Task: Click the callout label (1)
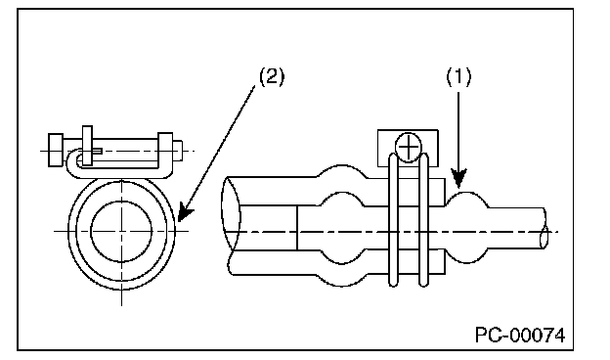click(458, 76)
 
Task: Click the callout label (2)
click(272, 76)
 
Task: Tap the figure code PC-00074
click(520, 336)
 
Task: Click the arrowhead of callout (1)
click(459, 178)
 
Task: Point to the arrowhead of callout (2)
click(185, 213)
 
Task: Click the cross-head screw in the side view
click(408, 147)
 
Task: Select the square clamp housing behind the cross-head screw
click(408, 148)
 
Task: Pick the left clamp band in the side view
click(394, 220)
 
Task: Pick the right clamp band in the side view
click(423, 220)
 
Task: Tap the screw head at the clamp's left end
click(56, 151)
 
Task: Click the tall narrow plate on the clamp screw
click(87, 146)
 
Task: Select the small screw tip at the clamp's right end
click(177, 151)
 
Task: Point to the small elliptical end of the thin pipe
click(545, 237)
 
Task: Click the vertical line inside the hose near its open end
click(297, 228)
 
